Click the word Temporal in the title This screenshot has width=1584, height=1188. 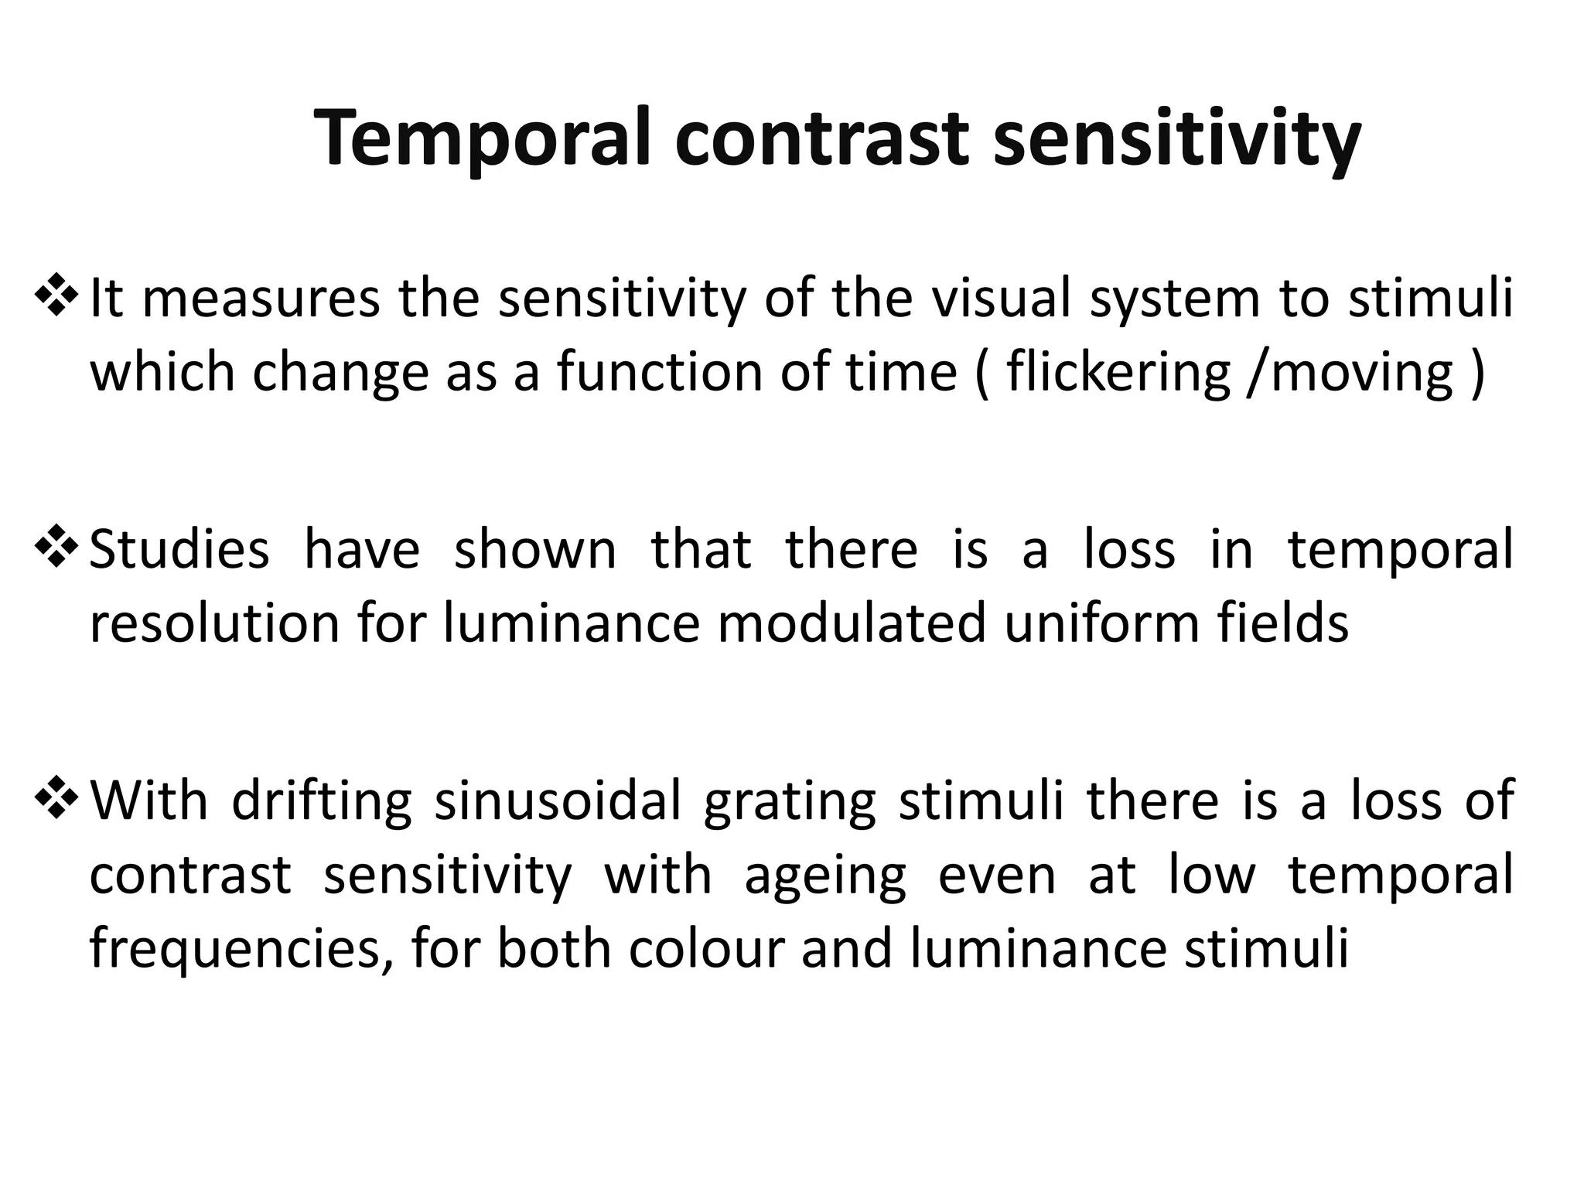point(484,139)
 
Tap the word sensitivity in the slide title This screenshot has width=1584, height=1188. point(1176,139)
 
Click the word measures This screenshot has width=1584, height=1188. point(261,299)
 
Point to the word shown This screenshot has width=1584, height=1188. point(534,549)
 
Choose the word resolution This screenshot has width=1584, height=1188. point(214,623)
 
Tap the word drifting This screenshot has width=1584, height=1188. point(321,801)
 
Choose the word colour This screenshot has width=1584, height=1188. point(706,950)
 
